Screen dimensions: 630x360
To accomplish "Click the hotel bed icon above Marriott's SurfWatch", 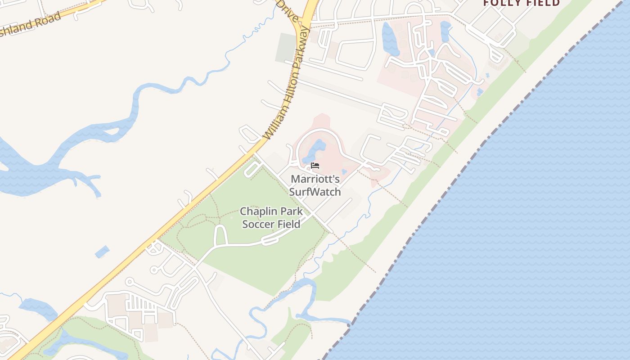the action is tap(315, 166).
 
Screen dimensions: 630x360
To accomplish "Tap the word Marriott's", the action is tap(315, 179).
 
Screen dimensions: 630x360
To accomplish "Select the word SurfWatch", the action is tap(315, 192).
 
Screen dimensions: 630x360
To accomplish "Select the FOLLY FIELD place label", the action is tap(521, 3).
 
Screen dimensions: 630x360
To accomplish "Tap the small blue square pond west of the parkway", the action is tap(102, 252).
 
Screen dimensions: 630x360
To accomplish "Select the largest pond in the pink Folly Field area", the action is tap(390, 40).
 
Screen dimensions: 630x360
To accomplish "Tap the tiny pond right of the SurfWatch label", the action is tap(344, 171).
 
